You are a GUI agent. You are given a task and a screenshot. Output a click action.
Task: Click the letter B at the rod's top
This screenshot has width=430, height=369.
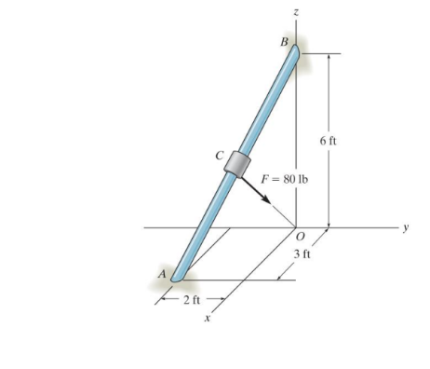click(x=285, y=42)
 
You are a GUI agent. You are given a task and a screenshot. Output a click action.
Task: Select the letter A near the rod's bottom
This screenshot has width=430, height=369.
click(x=162, y=275)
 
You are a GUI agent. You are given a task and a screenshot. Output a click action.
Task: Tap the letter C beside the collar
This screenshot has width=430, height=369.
click(x=220, y=155)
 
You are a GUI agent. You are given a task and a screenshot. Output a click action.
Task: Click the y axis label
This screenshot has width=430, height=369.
click(x=407, y=226)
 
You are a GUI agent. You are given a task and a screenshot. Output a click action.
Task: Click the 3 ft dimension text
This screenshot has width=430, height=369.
click(x=301, y=253)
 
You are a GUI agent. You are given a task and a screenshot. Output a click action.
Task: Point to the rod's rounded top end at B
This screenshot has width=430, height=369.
click(x=295, y=50)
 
